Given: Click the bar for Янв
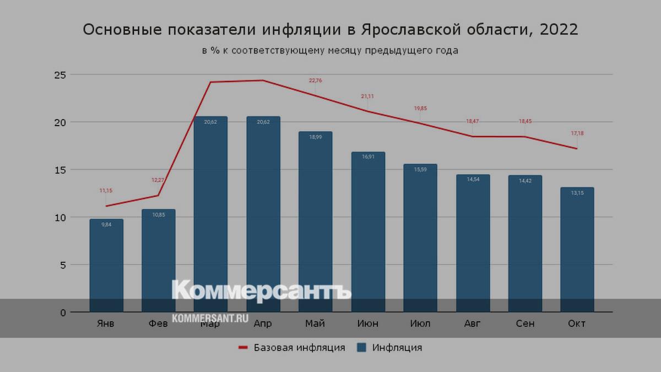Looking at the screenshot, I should pyautogui.click(x=106, y=265).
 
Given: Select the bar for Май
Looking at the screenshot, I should pyautogui.click(x=315, y=220).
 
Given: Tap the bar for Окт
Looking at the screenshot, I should pyautogui.click(x=577, y=248).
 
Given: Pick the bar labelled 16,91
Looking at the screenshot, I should pyautogui.click(x=367, y=231).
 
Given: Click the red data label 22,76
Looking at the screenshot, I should pyautogui.click(x=315, y=80).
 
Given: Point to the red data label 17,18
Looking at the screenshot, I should pyautogui.click(x=577, y=133).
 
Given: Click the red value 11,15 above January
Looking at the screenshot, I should pyautogui.click(x=106, y=191).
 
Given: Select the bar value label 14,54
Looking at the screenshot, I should pyautogui.click(x=473, y=179).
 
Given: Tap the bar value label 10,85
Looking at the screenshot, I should pyautogui.click(x=158, y=214).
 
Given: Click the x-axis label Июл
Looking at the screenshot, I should pyautogui.click(x=420, y=324).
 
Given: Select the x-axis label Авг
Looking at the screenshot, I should pyautogui.click(x=473, y=324).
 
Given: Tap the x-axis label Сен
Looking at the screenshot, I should pyautogui.click(x=525, y=324).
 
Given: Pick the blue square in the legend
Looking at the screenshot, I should pyautogui.click(x=362, y=348).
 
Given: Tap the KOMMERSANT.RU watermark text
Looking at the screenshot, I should pyautogui.click(x=210, y=318).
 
